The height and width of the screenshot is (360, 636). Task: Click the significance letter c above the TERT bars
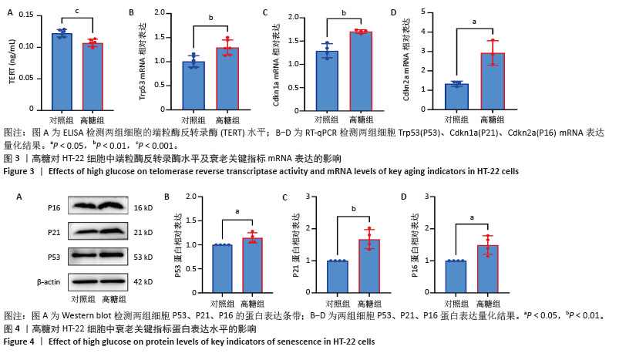coord(77,11)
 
